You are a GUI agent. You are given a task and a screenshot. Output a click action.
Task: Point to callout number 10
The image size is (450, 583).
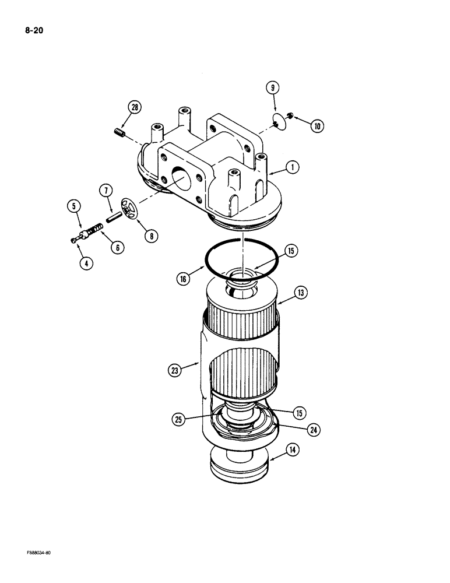pos(318,125)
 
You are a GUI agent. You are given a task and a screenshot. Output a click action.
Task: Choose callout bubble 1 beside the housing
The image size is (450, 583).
pos(293,167)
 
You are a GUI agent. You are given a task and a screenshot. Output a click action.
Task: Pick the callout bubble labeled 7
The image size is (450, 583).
pos(105,190)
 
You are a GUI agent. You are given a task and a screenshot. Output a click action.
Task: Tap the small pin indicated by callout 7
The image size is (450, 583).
pos(113,213)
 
